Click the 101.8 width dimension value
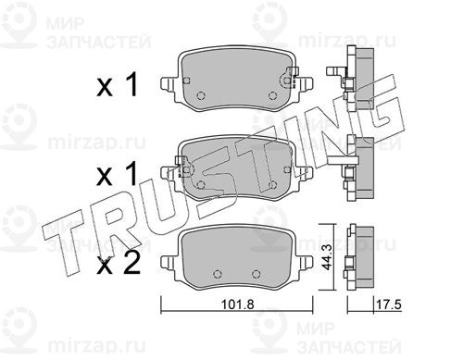[x=238, y=304]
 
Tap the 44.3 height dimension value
[x=327, y=257]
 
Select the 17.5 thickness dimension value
[x=388, y=305]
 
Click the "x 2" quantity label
[x=119, y=264]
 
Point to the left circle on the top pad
[x=201, y=95]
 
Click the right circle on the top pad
[x=272, y=95]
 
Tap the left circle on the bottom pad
[x=218, y=274]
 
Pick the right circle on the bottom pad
[x=256, y=274]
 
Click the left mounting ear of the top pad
[x=169, y=85]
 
